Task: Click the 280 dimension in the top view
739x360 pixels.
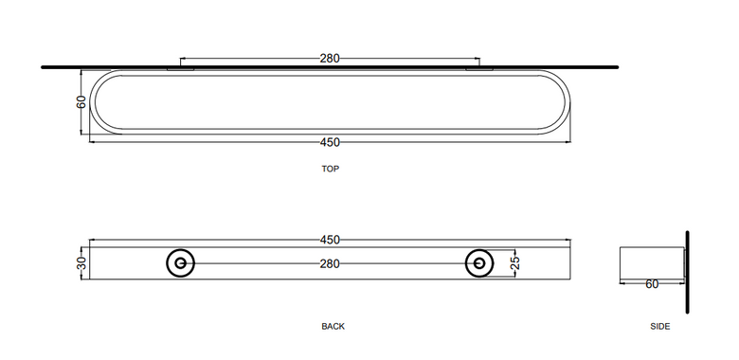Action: (330, 59)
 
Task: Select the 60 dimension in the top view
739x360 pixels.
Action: (81, 101)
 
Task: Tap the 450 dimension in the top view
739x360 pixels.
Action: (330, 142)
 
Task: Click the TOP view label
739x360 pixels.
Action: (330, 169)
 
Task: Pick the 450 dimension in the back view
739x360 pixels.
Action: (330, 240)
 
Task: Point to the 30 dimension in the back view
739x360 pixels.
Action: (81, 263)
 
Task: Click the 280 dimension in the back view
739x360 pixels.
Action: (330, 264)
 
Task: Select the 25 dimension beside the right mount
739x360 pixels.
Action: (515, 263)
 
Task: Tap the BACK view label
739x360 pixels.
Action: (333, 326)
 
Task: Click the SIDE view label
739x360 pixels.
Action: (659, 326)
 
